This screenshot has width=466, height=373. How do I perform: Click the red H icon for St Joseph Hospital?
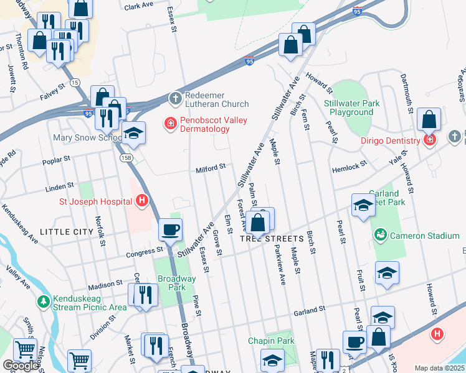click(x=142, y=201)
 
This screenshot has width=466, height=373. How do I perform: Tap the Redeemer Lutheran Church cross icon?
click(x=176, y=98)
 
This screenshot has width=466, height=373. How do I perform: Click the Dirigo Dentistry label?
click(x=390, y=140)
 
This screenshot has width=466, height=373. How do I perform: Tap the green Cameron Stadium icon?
click(x=380, y=235)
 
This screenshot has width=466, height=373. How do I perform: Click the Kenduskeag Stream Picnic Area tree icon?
click(x=43, y=302)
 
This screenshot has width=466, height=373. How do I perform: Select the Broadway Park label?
click(x=171, y=283)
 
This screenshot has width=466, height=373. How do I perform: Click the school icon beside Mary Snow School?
click(x=132, y=134)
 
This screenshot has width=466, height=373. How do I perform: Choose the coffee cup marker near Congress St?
click(x=170, y=229)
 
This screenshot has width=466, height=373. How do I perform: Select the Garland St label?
click(x=310, y=309)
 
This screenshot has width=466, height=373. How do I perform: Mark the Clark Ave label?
click(x=138, y=6)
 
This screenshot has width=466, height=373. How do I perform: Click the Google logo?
click(x=21, y=366)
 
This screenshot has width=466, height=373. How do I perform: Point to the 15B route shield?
click(x=126, y=159)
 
